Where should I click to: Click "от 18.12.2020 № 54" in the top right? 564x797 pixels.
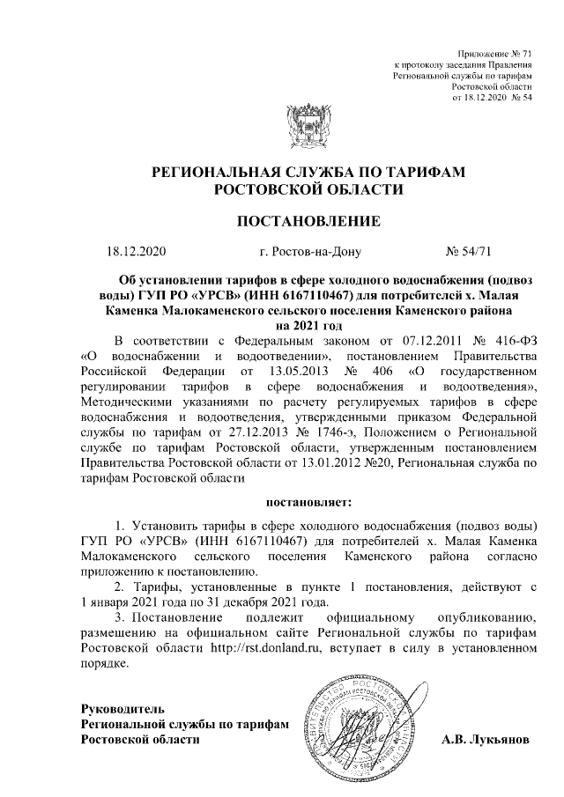click(x=492, y=98)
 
